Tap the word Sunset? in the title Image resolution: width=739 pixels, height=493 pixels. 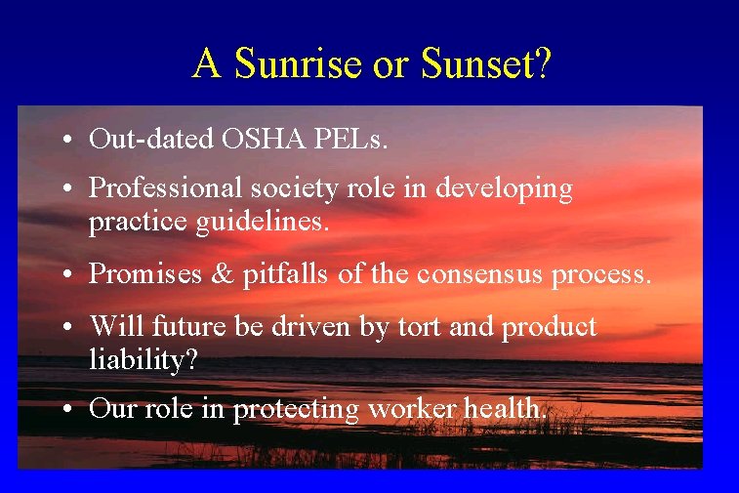pyautogui.click(x=486, y=63)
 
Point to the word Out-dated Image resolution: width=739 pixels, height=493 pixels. pyautogui.click(x=151, y=139)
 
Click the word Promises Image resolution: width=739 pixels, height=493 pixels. pyautogui.click(x=141, y=274)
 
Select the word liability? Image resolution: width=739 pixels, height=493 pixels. pyautogui.click(x=144, y=360)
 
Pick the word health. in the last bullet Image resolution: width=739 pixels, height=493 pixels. pyautogui.click(x=497, y=409)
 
